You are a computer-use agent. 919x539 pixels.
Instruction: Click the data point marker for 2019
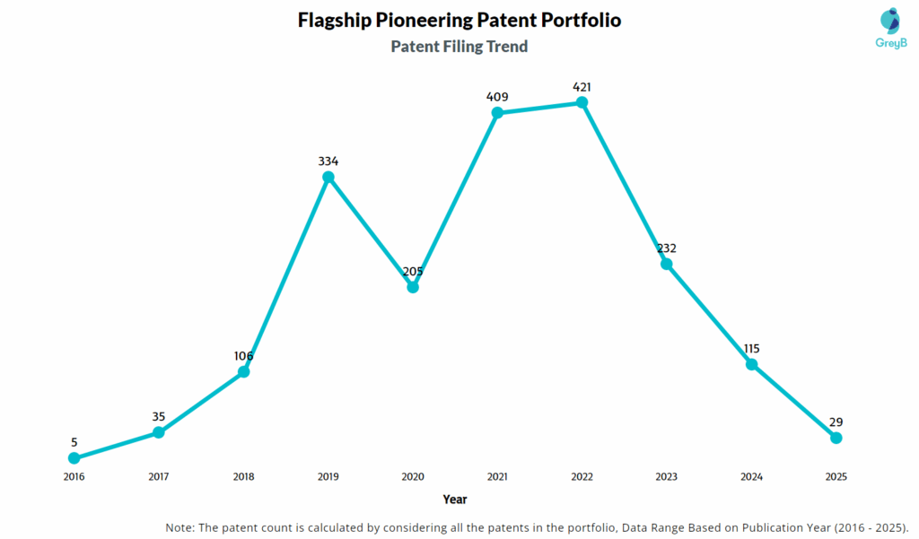pyautogui.click(x=328, y=178)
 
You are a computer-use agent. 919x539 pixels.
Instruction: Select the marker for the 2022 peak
pyautogui.click(x=582, y=102)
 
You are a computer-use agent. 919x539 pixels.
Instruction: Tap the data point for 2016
pyautogui.click(x=74, y=458)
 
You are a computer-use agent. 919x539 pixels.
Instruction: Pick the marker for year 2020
pyautogui.click(x=413, y=287)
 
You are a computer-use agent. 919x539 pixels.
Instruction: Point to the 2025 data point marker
pyautogui.click(x=836, y=438)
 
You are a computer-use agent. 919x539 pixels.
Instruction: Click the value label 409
pyautogui.click(x=497, y=97)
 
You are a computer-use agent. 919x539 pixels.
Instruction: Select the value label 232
pyautogui.click(x=666, y=248)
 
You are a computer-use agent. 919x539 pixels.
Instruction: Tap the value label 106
pyautogui.click(x=243, y=356)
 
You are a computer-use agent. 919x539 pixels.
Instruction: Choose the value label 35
pyautogui.click(x=159, y=416)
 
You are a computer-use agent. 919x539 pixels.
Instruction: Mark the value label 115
pyautogui.click(x=751, y=348)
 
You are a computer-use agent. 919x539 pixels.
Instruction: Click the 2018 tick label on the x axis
pyautogui.click(x=243, y=477)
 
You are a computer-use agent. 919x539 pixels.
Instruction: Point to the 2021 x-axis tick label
pyautogui.click(x=497, y=477)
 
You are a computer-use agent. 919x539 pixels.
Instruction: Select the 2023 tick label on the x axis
pyautogui.click(x=666, y=477)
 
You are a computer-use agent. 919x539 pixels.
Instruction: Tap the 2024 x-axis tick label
pyautogui.click(x=751, y=477)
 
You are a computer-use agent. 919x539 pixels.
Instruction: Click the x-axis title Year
pyautogui.click(x=455, y=500)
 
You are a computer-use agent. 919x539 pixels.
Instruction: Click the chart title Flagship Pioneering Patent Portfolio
pyautogui.click(x=459, y=20)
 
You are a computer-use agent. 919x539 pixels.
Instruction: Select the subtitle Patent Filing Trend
pyautogui.click(x=459, y=47)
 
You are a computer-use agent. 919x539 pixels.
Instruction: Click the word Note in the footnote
pyautogui.click(x=180, y=526)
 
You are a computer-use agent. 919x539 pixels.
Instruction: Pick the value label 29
pyautogui.click(x=836, y=422)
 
